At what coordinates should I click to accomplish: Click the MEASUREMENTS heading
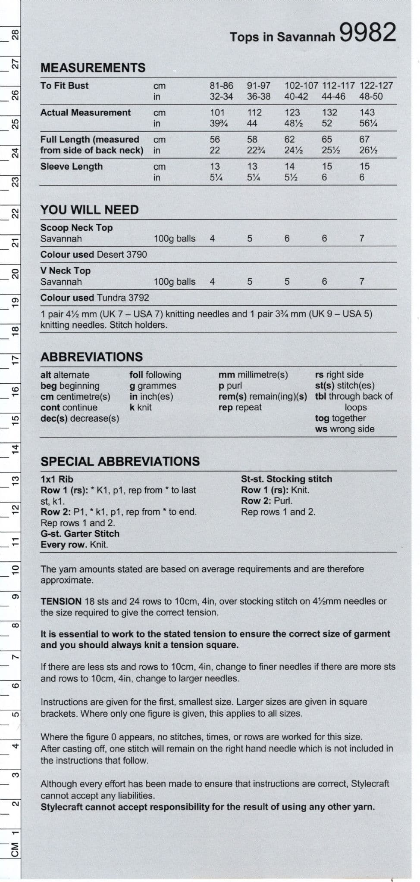93,68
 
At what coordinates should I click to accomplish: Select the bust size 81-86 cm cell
221,85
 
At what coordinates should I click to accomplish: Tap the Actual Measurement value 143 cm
367,112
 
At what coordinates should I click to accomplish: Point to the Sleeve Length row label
72,166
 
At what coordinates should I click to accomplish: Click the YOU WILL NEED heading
90,210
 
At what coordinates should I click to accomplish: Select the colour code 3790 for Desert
137,255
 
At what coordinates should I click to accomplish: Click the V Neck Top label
66,270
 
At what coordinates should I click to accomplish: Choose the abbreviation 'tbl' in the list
320,396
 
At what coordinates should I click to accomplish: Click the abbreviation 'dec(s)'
54,418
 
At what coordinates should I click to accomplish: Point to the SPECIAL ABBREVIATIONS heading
120,461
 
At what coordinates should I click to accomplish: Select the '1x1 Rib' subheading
57,479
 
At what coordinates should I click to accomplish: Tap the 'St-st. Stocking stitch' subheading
286,479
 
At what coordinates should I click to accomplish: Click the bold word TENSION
61,601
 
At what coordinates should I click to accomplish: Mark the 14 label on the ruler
15,448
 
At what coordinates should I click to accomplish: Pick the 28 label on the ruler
15,35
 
